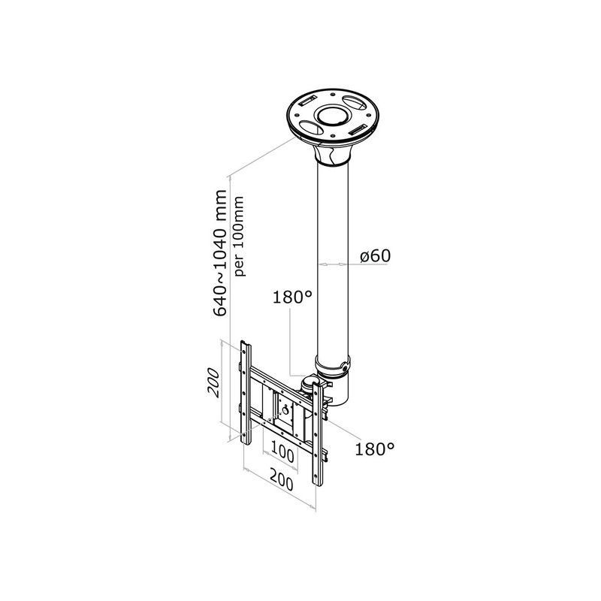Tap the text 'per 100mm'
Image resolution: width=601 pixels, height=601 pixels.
pos(239,236)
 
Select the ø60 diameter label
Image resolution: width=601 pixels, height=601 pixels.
pos(375,255)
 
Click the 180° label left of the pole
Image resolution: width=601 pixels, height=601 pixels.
pos(292,297)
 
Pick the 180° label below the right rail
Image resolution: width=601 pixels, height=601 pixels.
pos(374,448)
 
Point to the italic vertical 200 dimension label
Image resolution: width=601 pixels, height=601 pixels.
pos(213,382)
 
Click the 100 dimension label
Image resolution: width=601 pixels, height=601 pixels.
pos(282,454)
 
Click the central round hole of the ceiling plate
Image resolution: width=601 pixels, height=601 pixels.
pos(333,116)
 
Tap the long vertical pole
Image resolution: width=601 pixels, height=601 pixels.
pos(333,261)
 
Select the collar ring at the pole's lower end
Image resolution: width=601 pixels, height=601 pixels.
pos(333,366)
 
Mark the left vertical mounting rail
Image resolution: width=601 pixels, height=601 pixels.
pos(246,392)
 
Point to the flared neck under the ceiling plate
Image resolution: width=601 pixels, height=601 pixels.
pos(333,154)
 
